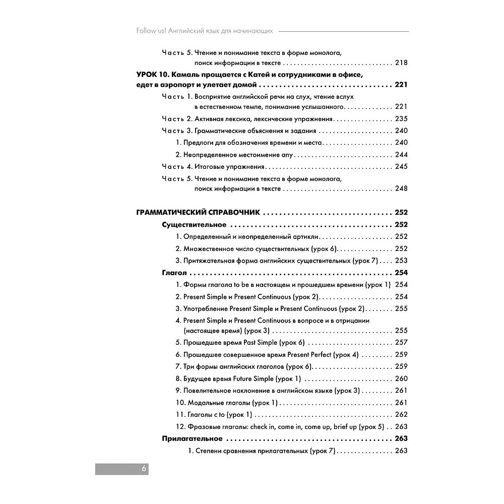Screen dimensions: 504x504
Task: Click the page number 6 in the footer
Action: pos(144,468)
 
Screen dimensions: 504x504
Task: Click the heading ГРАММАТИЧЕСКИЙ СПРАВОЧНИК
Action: pos(198,213)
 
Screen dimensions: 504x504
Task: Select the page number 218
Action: pos(401,63)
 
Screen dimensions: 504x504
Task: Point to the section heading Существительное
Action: pos(194,225)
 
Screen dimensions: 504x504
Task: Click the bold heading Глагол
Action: pos(174,273)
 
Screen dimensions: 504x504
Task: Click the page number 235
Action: pos(401,119)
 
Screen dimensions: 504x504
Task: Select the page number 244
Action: pos(401,155)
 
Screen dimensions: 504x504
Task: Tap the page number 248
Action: pos(401,188)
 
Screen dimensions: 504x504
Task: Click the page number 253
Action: pos(401,261)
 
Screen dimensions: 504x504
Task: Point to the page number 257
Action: pos(401,343)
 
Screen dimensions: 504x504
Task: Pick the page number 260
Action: pos(401,379)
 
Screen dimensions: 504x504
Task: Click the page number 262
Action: pos(401,415)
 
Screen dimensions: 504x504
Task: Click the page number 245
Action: pos(401,167)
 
